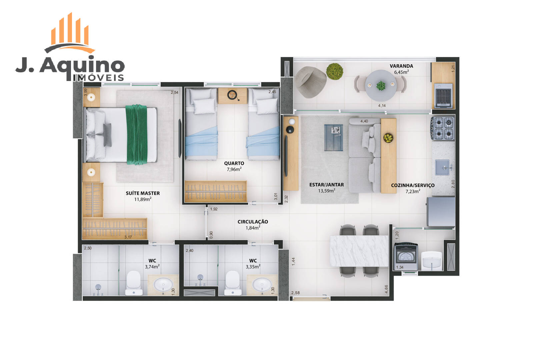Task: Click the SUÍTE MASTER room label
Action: [x=143, y=193]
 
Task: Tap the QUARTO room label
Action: [x=234, y=163]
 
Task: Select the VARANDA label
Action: [x=401, y=66]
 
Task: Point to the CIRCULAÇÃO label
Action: [x=253, y=222]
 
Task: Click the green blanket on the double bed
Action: [x=137, y=135]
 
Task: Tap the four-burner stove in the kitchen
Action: [x=443, y=128]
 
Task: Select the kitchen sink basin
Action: [x=442, y=167]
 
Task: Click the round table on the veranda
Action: [x=381, y=85]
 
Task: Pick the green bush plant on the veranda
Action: [x=335, y=71]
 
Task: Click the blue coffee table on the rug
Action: [x=334, y=138]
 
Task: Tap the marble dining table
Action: [x=359, y=251]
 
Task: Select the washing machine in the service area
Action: [x=406, y=256]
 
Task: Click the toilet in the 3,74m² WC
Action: [x=134, y=283]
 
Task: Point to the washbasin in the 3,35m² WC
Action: [x=262, y=285]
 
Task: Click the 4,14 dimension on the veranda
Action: [x=382, y=106]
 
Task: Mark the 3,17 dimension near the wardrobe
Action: [x=128, y=237]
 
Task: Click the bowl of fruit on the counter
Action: [x=388, y=138]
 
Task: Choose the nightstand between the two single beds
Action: [x=232, y=96]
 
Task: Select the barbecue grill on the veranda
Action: [x=443, y=95]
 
